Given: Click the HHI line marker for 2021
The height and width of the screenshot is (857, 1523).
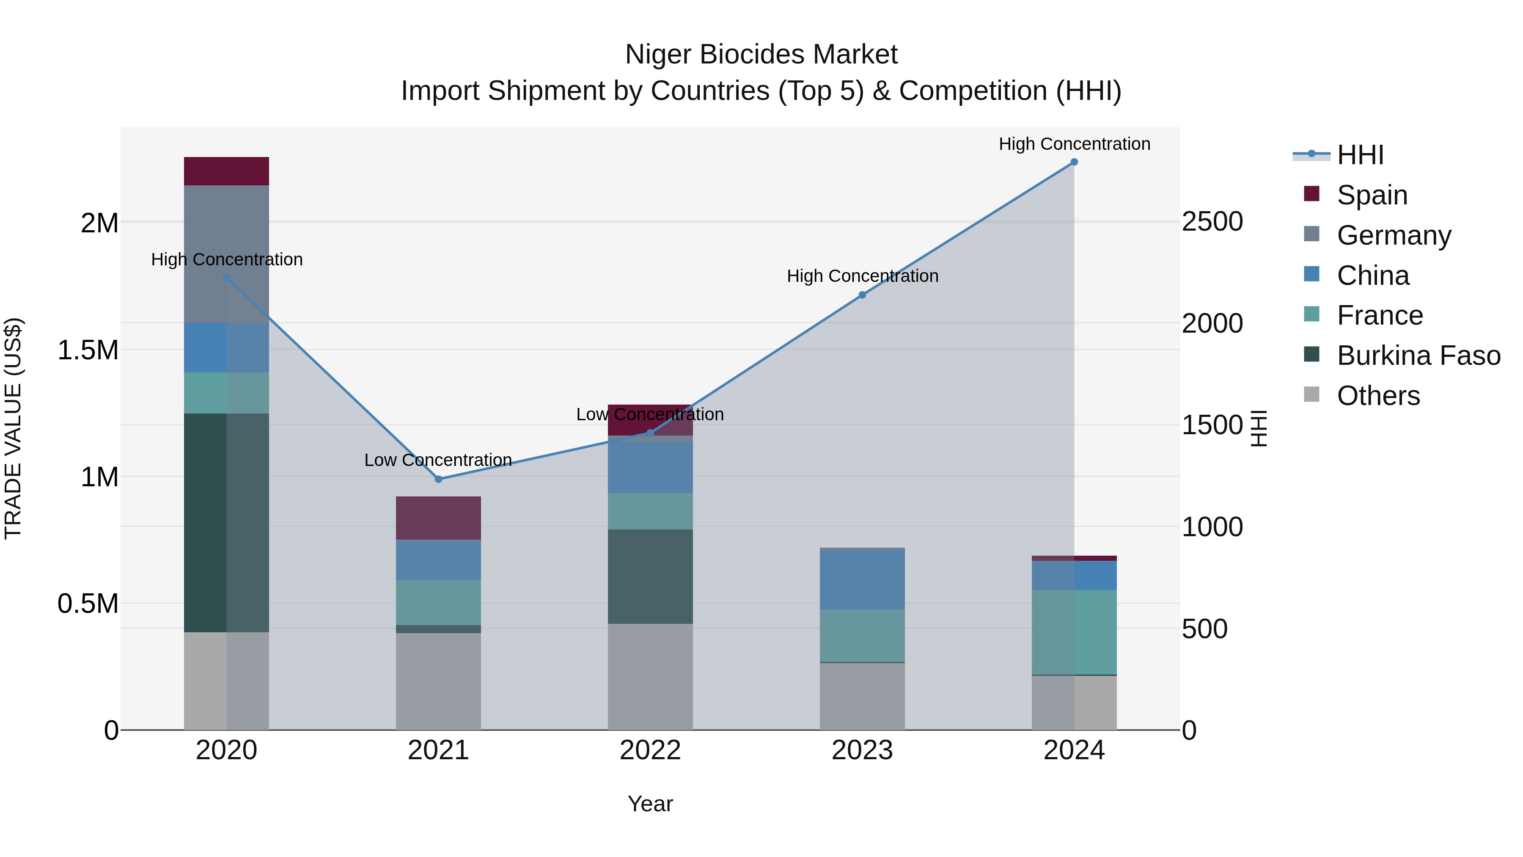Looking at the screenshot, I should click(438, 479).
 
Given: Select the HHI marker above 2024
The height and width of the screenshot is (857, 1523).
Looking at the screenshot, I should click(1074, 162).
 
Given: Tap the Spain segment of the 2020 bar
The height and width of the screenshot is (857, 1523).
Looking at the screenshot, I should click(226, 171).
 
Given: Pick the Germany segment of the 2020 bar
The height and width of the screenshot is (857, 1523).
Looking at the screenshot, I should click(226, 254).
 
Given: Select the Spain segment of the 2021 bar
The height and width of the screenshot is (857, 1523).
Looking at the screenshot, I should click(438, 518).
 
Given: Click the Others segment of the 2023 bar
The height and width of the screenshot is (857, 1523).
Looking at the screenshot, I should click(862, 696).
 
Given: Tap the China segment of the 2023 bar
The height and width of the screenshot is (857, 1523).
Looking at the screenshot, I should click(862, 580).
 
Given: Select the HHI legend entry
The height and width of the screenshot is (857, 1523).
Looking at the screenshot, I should click(1360, 155).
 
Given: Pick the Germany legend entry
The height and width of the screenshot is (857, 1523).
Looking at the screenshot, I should click(1394, 235).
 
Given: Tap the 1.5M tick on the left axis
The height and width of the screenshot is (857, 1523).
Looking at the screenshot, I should click(88, 350).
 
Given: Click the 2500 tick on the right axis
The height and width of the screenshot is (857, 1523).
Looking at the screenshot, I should click(1212, 222).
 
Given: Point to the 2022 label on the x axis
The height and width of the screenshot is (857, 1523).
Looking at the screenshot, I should click(650, 750).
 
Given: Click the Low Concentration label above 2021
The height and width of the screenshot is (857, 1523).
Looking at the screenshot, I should click(438, 460).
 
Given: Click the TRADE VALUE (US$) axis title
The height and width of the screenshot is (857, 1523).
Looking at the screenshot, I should click(14, 428).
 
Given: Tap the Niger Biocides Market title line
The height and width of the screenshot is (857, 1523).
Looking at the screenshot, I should click(761, 55).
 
